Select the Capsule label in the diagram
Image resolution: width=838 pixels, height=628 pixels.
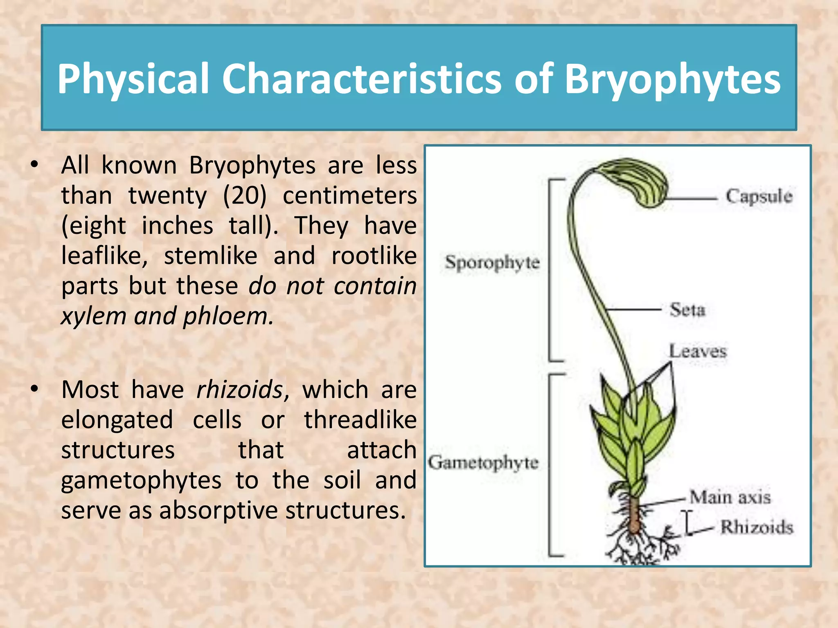[759, 197]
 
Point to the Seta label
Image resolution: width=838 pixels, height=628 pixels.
[687, 310]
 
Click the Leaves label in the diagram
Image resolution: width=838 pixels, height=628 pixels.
[698, 351]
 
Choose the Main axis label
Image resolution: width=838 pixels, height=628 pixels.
[730, 497]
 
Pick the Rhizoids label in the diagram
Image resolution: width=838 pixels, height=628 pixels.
[757, 527]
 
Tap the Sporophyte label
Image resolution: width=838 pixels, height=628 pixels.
[492, 262]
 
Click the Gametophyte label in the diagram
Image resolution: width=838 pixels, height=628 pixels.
[483, 463]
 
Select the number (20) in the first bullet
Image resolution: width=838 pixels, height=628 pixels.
[245, 195]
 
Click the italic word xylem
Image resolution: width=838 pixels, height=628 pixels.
[94, 316]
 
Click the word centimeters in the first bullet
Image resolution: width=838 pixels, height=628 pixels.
[350, 195]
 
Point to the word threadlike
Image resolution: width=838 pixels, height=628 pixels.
[360, 419]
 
